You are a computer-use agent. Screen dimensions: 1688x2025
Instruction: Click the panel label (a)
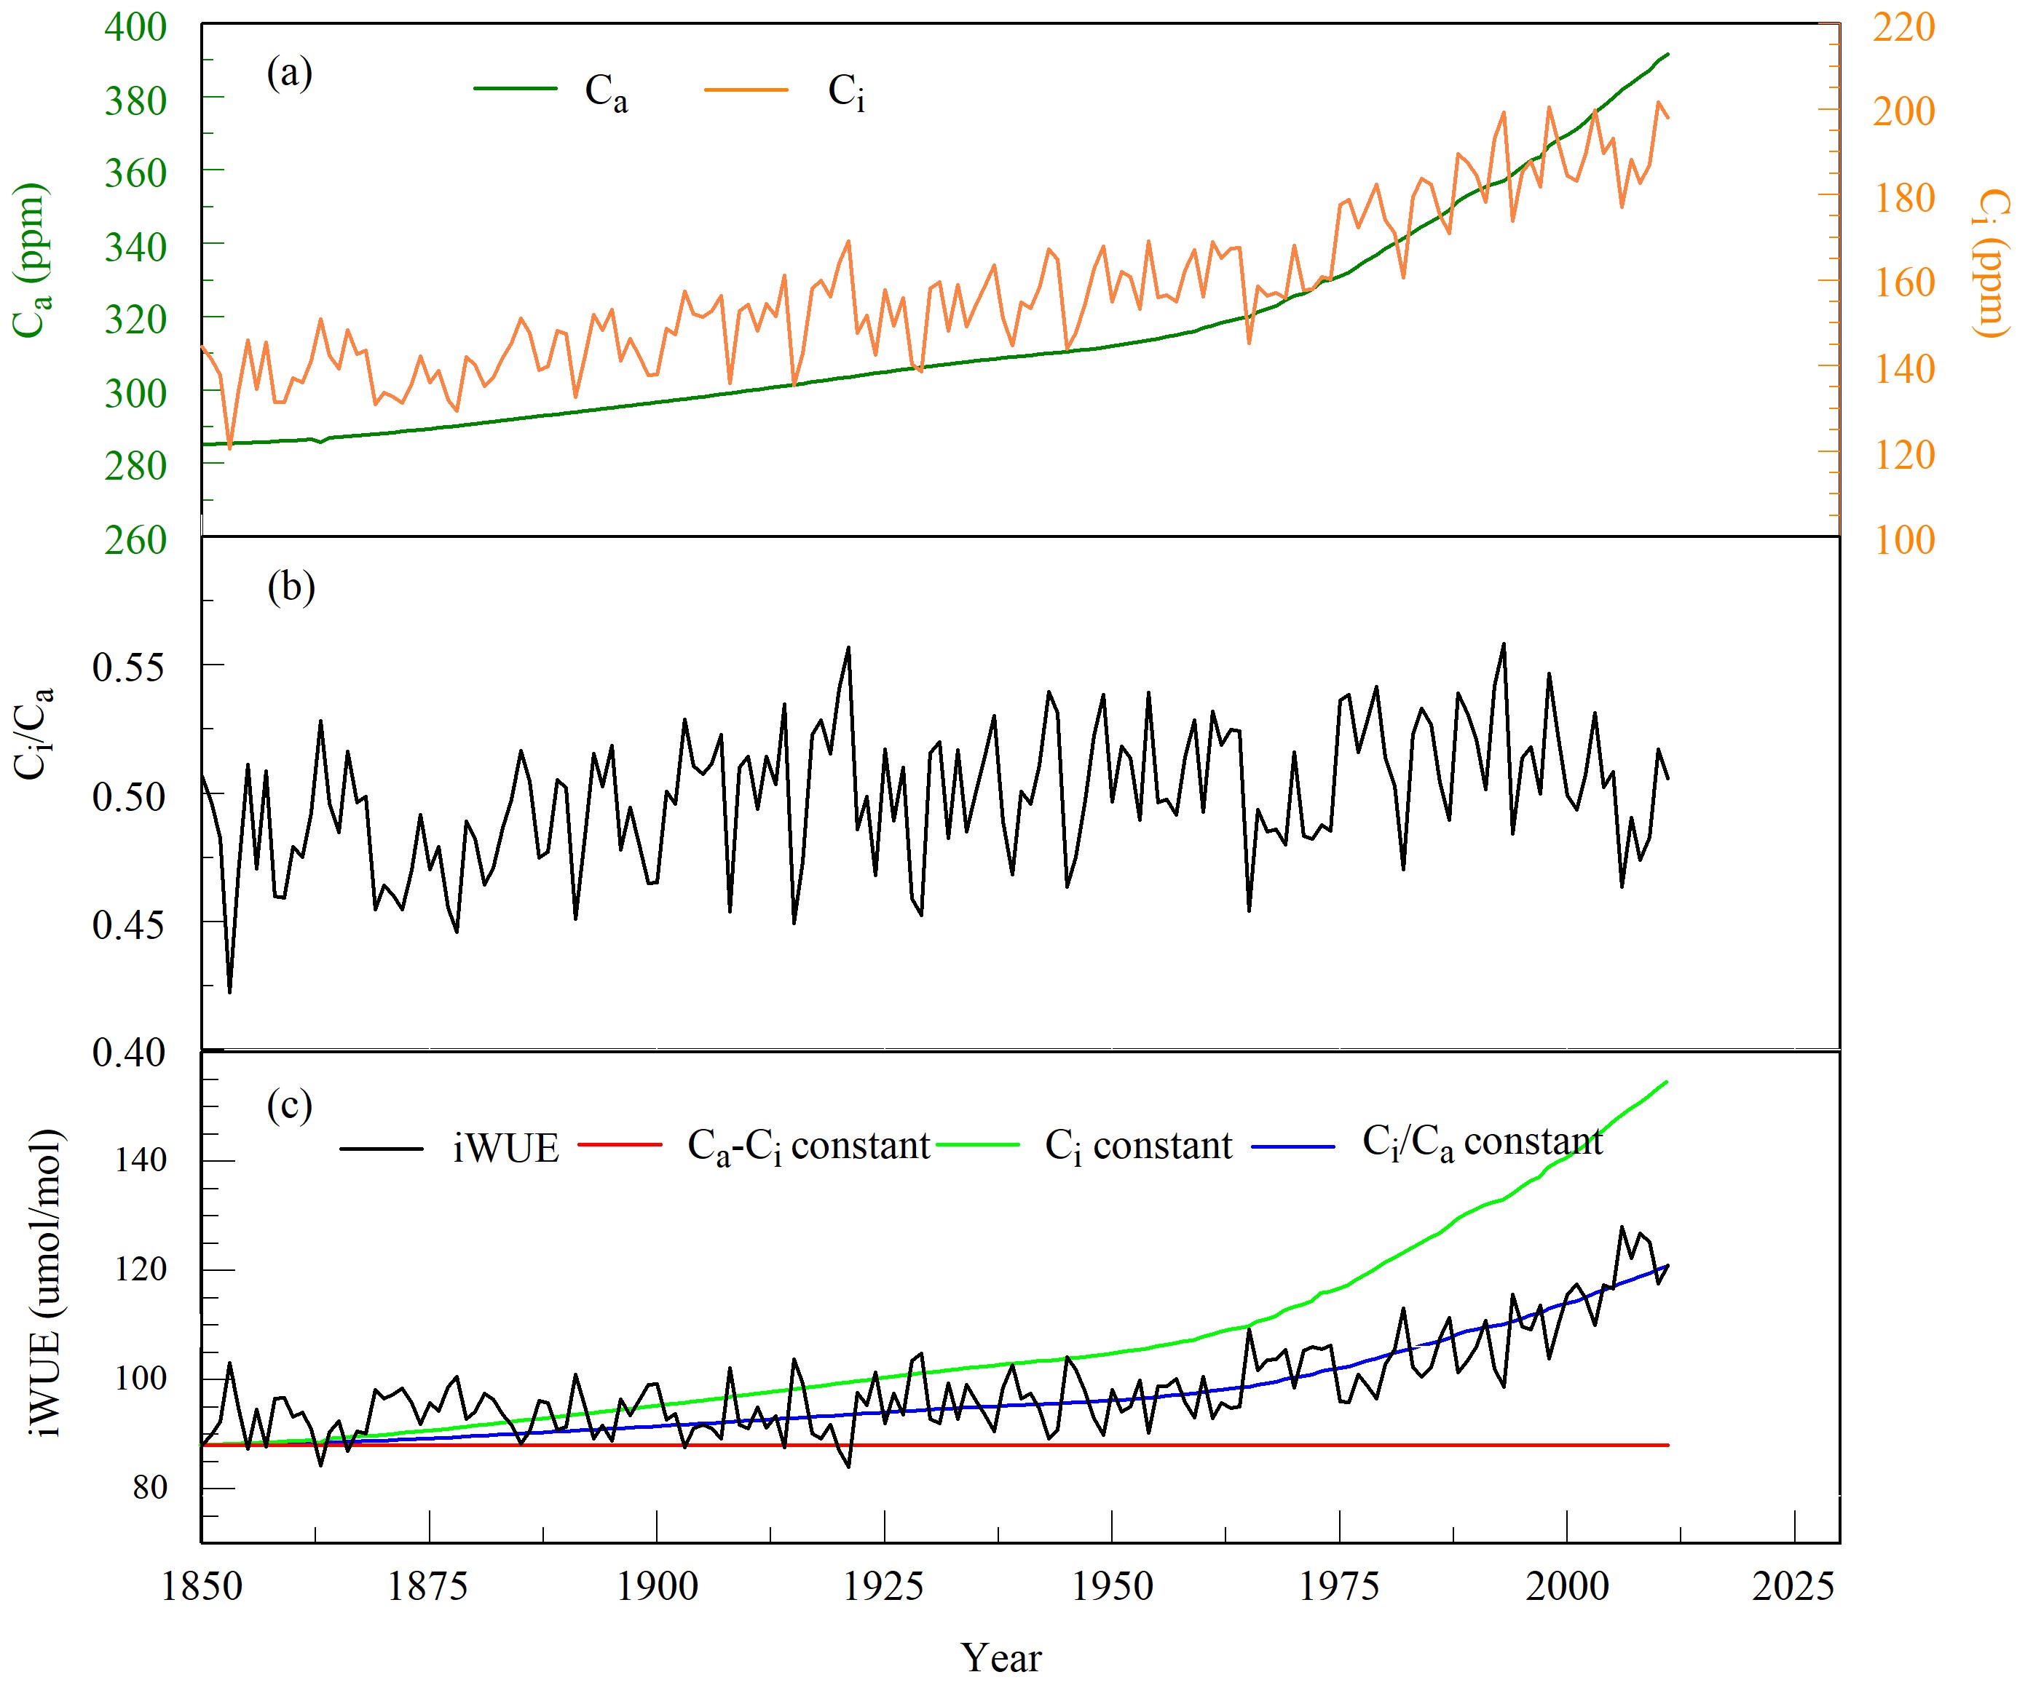click(x=289, y=74)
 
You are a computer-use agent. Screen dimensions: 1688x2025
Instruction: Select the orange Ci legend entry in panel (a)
click(x=845, y=92)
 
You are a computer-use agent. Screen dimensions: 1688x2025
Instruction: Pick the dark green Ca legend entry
click(x=606, y=92)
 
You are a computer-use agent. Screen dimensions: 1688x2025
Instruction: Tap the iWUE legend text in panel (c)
click(x=505, y=1148)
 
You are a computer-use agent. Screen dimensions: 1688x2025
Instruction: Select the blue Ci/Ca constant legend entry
click(x=1482, y=1144)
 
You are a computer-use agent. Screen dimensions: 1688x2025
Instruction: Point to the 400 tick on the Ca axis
click(x=135, y=27)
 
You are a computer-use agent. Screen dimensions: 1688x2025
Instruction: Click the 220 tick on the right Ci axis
click(x=1904, y=27)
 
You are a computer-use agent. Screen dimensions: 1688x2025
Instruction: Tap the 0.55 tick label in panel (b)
click(x=129, y=667)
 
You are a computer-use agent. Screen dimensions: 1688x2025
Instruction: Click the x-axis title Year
click(x=1001, y=1658)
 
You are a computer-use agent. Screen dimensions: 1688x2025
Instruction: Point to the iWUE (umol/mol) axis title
click(x=44, y=1282)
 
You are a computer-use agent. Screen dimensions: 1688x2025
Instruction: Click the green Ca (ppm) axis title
click(x=31, y=261)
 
